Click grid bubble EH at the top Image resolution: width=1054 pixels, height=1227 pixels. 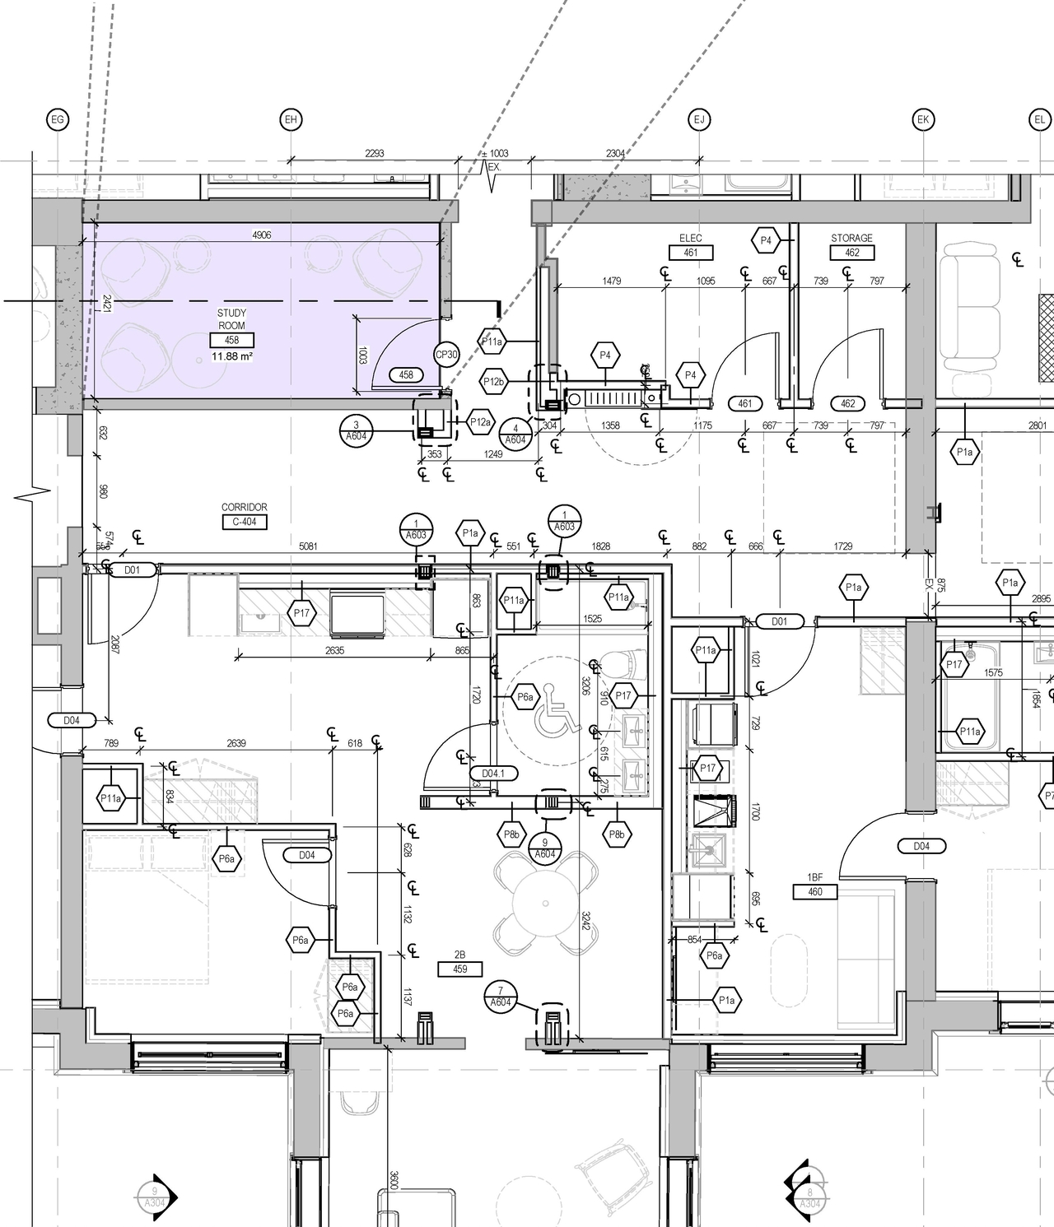click(x=290, y=120)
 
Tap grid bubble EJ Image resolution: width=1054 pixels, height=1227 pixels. click(x=699, y=120)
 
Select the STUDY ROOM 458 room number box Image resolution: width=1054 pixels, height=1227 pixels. click(x=231, y=340)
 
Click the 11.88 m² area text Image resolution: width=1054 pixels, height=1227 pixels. click(x=231, y=356)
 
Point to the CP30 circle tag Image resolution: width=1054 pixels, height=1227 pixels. click(x=445, y=355)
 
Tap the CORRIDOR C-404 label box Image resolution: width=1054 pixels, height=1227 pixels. click(x=244, y=521)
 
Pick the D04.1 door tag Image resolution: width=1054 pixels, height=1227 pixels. click(x=493, y=774)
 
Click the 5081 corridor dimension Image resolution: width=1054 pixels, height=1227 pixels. click(x=307, y=546)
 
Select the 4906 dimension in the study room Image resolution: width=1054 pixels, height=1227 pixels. click(x=261, y=235)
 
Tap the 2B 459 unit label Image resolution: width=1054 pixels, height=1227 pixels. click(x=459, y=969)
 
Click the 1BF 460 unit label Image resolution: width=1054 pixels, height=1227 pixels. click(x=815, y=891)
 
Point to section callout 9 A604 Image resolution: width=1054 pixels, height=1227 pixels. click(x=544, y=848)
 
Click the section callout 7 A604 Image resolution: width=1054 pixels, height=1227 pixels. click(x=500, y=997)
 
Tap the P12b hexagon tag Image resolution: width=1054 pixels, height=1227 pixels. click(x=493, y=382)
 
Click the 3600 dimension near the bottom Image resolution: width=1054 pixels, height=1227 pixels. click(x=394, y=1179)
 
